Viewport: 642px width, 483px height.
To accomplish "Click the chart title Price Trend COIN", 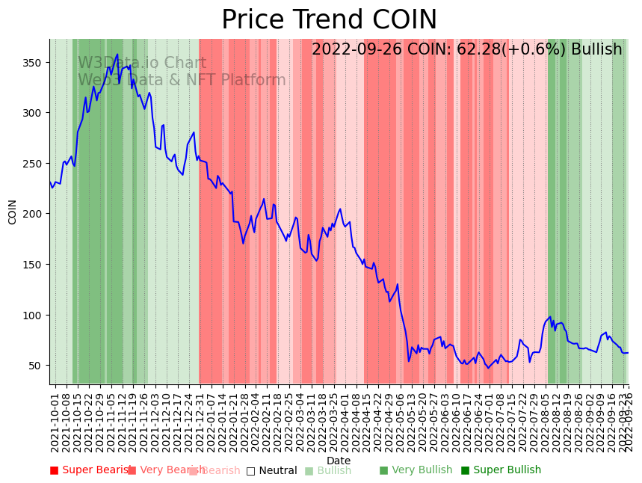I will (329, 20).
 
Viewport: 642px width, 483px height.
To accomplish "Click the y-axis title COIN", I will (12, 212).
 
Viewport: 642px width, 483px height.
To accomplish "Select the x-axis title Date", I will (339, 461).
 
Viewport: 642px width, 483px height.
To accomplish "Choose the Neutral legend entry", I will (271, 470).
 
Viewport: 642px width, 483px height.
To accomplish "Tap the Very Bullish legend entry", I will (416, 470).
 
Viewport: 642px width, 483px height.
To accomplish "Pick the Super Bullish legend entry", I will (501, 470).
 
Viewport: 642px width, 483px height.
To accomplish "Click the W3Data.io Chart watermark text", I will (142, 63).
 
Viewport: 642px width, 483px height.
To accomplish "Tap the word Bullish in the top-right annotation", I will (596, 49).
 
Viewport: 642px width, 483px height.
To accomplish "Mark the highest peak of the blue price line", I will (117, 54).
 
